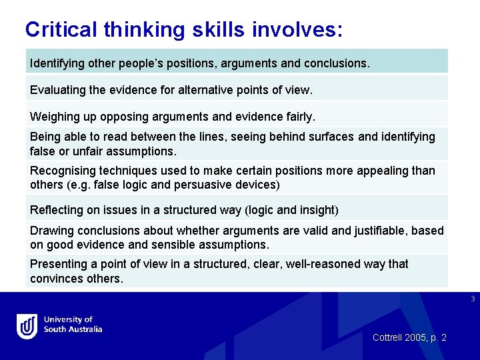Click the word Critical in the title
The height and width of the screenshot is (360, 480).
click(x=61, y=29)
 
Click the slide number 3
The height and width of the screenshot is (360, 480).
click(x=472, y=299)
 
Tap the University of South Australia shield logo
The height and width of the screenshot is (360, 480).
click(x=27, y=326)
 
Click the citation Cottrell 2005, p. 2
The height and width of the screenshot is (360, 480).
click(x=409, y=338)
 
